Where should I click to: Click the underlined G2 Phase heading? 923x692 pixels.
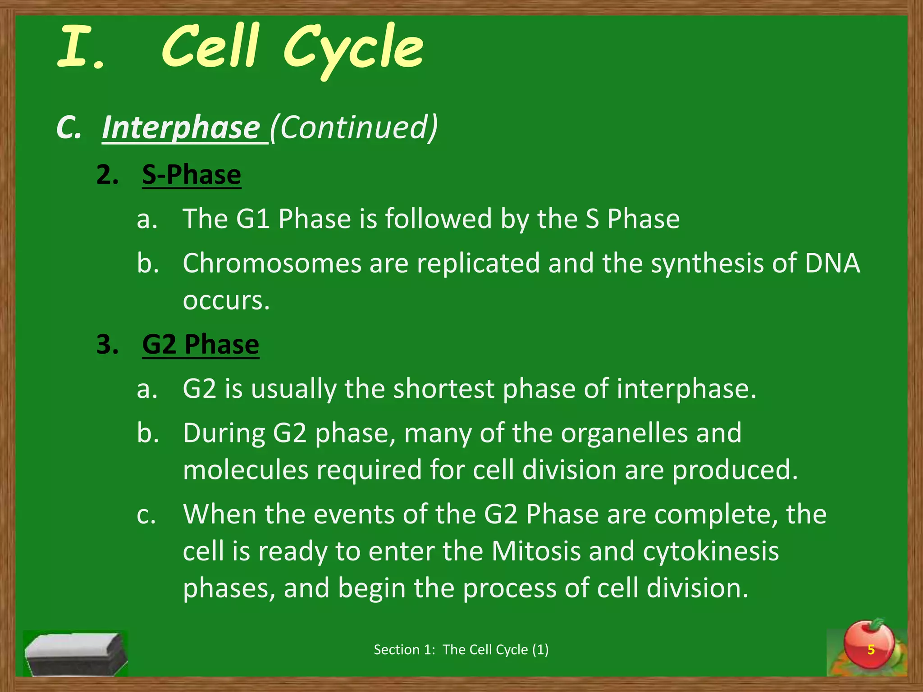click(x=201, y=345)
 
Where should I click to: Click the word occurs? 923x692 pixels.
click(x=226, y=300)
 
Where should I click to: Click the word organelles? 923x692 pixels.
click(x=624, y=433)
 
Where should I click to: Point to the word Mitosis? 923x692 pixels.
click(x=536, y=551)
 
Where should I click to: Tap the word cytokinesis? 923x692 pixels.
click(x=711, y=551)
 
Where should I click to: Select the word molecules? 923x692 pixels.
click(x=246, y=470)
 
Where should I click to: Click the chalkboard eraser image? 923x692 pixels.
click(x=75, y=654)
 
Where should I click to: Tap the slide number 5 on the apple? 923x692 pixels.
click(x=871, y=650)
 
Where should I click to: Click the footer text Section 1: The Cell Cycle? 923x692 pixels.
click(x=461, y=650)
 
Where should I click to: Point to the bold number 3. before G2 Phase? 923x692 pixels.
click(x=108, y=345)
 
